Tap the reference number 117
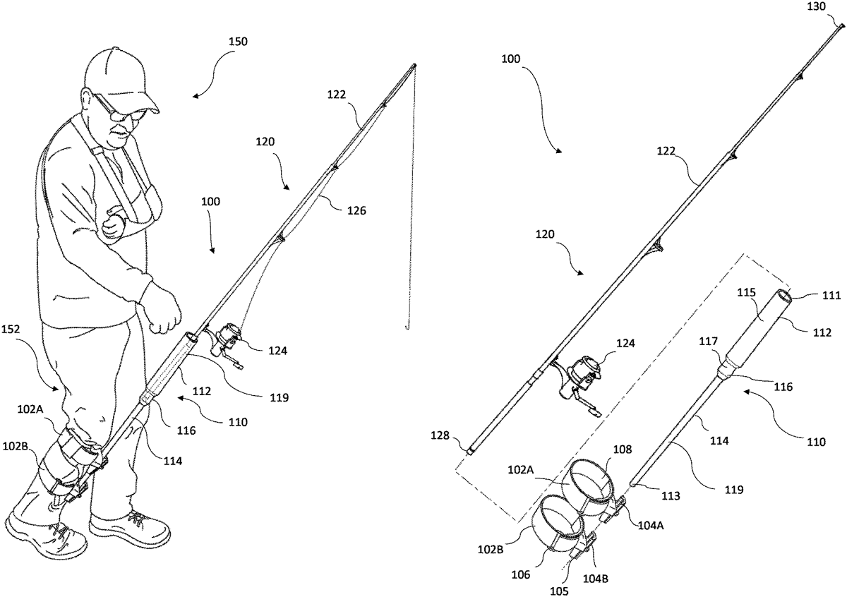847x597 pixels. coord(709,342)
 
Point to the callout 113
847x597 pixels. coord(671,496)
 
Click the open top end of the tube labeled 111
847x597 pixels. coord(786,295)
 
